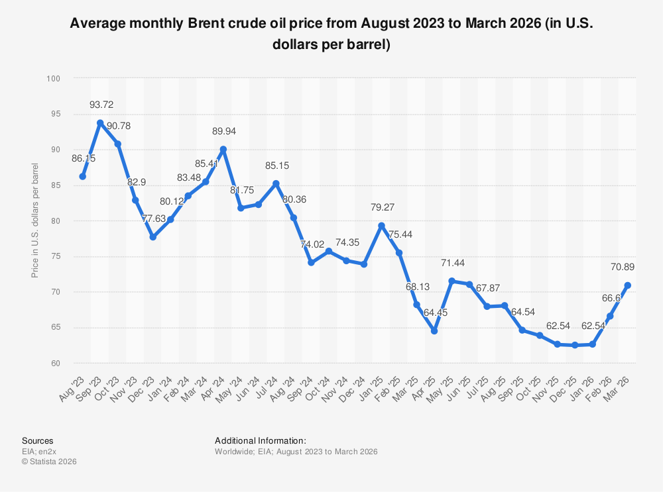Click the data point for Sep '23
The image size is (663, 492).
click(x=100, y=123)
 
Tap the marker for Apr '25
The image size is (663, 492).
click(x=434, y=330)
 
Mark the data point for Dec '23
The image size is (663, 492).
click(x=153, y=237)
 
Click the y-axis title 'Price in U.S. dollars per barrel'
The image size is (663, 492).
click(x=35, y=221)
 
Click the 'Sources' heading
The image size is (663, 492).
click(x=38, y=440)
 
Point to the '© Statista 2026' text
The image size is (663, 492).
click(x=49, y=462)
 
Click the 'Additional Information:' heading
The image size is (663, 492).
click(x=261, y=440)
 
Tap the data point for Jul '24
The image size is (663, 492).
click(x=276, y=183)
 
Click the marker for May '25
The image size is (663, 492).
click(x=452, y=281)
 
